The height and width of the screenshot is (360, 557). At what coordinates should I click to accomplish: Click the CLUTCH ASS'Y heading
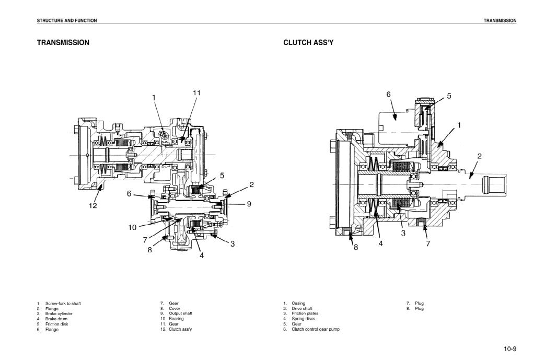click(308, 41)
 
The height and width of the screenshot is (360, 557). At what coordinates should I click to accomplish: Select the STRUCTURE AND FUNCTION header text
click(66, 20)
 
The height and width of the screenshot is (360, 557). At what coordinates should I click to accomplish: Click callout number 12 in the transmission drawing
click(92, 206)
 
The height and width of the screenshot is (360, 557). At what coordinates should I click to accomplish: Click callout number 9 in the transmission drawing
click(249, 204)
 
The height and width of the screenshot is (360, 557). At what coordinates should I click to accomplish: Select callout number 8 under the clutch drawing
click(356, 248)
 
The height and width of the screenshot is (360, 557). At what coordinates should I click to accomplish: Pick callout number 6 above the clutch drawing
click(389, 95)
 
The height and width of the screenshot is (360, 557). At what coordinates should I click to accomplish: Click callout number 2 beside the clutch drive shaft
click(479, 156)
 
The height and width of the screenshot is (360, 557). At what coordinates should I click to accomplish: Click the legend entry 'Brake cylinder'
click(59, 313)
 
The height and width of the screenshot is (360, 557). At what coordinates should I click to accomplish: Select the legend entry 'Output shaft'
click(180, 313)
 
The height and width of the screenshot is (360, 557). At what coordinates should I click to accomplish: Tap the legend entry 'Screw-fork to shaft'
click(63, 303)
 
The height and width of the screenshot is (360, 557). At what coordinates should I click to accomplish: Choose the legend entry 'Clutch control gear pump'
click(315, 329)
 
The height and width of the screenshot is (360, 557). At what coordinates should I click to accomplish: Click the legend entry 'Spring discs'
click(303, 319)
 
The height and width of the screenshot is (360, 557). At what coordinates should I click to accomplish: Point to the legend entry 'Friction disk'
click(56, 324)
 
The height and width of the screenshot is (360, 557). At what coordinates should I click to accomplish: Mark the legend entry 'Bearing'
click(176, 319)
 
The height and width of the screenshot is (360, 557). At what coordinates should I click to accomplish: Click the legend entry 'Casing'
click(298, 303)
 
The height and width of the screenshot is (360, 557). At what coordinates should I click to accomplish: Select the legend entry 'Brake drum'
click(56, 319)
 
